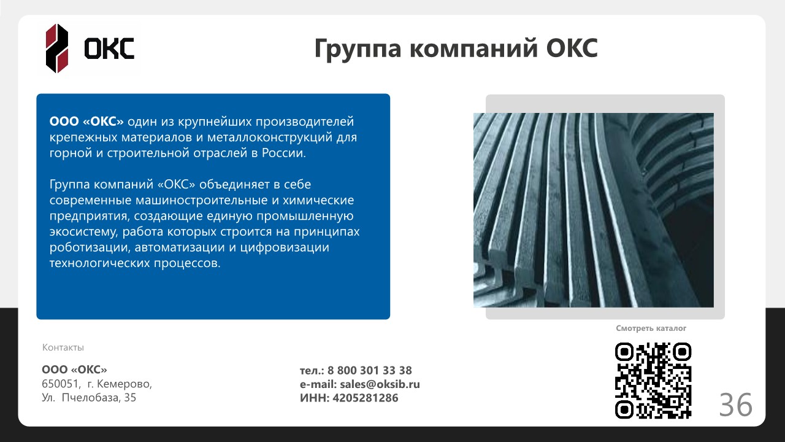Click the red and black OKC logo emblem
tap(57, 48)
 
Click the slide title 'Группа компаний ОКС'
tap(456, 48)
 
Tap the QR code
tap(653, 381)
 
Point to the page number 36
tap(735, 405)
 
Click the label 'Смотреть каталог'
tap(651, 328)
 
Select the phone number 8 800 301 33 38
tap(370, 370)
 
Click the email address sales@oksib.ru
tap(380, 384)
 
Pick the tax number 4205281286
tap(366, 398)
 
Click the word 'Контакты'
tap(63, 347)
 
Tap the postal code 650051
tap(59, 384)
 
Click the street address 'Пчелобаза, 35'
tap(99, 398)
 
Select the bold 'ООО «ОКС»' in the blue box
tap(86, 122)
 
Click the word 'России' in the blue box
tap(284, 153)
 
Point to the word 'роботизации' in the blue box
tap(90, 247)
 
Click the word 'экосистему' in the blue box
tap(84, 232)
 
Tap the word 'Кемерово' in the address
tap(124, 384)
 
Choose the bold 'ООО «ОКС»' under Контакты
tap(74, 370)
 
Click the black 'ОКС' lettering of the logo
tap(109, 48)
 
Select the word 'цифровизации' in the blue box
tap(285, 247)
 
